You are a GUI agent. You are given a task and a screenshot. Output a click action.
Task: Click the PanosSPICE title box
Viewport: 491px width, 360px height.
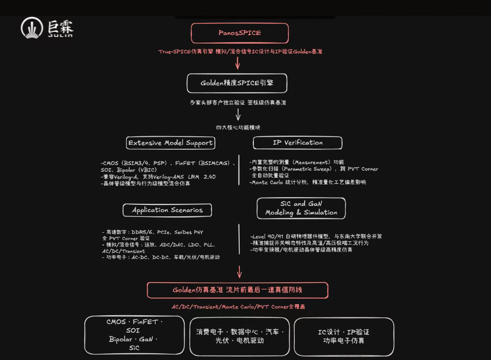[x=239, y=33]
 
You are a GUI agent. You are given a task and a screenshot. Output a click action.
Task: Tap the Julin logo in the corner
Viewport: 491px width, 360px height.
[x=47, y=28]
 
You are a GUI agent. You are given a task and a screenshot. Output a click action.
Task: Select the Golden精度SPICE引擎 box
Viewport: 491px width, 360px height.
[x=236, y=83]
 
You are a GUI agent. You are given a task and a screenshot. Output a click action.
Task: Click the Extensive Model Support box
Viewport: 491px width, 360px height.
[x=170, y=143]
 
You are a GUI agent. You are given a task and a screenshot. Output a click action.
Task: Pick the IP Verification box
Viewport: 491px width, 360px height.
[x=297, y=143]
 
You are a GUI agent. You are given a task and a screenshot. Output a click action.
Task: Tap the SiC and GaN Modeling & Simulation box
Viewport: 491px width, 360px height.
[x=301, y=208]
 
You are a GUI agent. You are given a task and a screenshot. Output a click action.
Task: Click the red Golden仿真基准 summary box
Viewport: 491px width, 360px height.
[x=238, y=290]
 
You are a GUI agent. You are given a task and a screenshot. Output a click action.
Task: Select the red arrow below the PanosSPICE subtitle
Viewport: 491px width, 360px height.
[x=238, y=62]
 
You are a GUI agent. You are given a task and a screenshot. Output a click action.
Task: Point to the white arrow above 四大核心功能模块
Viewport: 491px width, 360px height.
[x=238, y=114]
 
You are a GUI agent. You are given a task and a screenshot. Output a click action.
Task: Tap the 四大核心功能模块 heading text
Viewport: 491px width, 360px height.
[x=238, y=128]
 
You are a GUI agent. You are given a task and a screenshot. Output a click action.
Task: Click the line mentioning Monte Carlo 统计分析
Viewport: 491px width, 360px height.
[x=307, y=182]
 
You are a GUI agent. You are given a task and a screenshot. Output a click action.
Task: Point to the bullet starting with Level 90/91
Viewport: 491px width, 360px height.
[x=315, y=236]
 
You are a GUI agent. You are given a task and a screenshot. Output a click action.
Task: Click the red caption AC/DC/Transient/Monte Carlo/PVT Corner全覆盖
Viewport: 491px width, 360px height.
[x=238, y=307]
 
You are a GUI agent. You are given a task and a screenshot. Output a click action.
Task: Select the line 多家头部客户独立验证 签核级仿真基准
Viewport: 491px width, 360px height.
[x=238, y=103]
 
